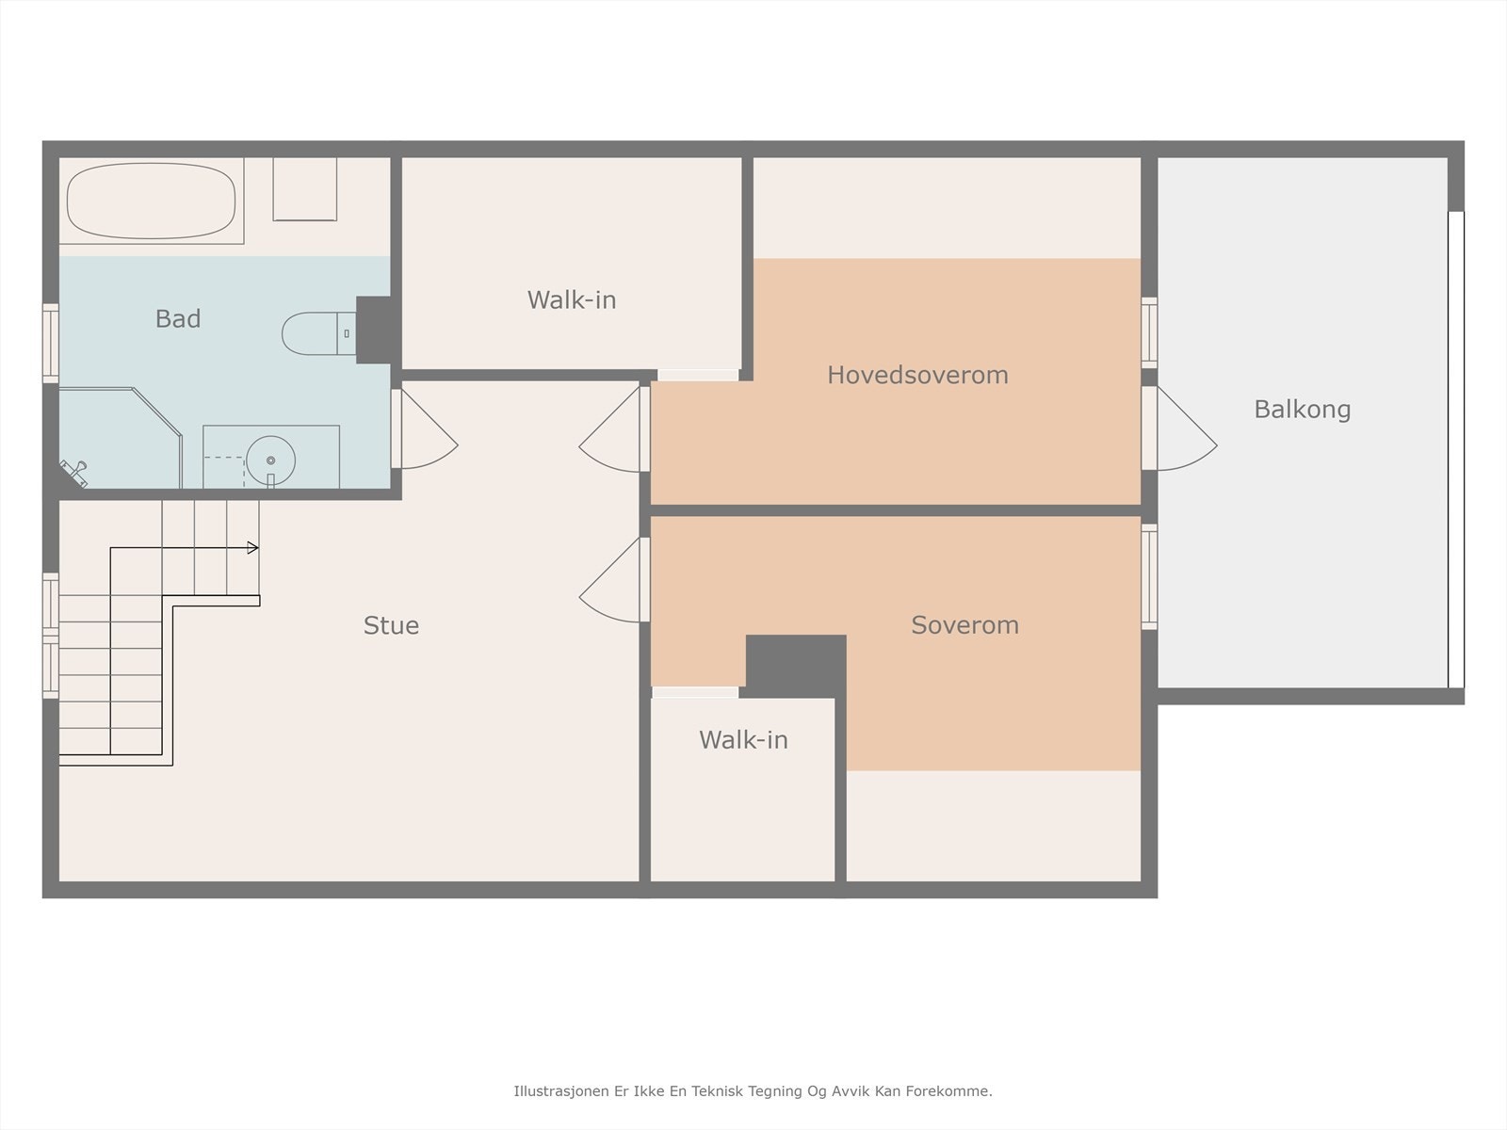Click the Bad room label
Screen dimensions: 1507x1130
pos(178,318)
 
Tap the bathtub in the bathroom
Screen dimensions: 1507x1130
pos(151,201)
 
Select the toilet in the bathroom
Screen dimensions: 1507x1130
pos(319,333)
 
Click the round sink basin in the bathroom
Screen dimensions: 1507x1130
pos(270,460)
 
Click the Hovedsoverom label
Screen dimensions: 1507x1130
pos(917,375)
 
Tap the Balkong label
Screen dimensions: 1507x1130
pos(1302,409)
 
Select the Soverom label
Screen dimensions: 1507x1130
pos(964,625)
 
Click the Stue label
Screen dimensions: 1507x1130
pos(391,625)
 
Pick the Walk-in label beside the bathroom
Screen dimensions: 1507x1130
pos(571,299)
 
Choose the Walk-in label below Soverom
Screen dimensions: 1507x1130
pos(743,739)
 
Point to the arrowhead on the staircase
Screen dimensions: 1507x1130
pos(252,547)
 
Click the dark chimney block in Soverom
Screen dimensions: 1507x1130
pos(796,666)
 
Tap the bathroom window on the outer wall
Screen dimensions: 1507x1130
pos(51,343)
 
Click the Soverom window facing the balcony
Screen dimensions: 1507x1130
pos(1149,576)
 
